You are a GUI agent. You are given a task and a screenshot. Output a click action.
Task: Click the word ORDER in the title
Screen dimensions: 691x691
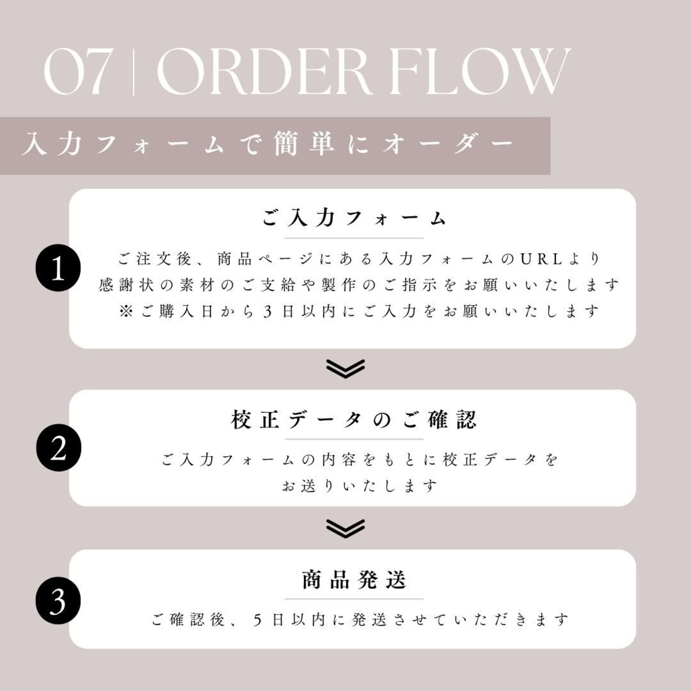(x=263, y=72)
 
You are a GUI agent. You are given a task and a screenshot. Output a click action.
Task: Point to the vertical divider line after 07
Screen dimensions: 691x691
(x=133, y=72)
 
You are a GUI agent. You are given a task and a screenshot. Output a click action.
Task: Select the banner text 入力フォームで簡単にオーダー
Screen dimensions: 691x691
(x=268, y=145)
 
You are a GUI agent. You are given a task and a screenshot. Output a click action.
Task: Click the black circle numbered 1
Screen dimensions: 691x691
(x=58, y=269)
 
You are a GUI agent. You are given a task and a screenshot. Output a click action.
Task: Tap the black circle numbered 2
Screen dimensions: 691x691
(x=58, y=449)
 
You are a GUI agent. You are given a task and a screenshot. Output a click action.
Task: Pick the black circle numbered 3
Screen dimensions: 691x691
(x=58, y=601)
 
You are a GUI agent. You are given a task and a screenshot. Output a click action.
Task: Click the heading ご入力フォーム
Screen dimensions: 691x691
(x=354, y=218)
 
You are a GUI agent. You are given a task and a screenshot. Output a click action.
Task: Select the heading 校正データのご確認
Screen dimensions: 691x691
(x=354, y=419)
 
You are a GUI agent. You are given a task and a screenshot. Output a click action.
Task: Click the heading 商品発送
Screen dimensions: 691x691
(x=354, y=580)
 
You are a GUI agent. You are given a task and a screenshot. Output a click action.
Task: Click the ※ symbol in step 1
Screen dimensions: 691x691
(x=126, y=311)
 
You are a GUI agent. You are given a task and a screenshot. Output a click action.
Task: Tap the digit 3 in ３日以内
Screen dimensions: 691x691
(x=268, y=311)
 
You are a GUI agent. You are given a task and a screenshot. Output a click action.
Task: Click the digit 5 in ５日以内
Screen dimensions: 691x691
(x=258, y=620)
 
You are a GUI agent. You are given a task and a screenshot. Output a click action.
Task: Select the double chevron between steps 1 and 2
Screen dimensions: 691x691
(x=345, y=368)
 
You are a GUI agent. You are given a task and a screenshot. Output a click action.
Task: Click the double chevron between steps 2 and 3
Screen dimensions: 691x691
(x=345, y=528)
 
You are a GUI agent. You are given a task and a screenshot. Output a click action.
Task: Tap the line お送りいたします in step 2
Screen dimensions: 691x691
(x=359, y=486)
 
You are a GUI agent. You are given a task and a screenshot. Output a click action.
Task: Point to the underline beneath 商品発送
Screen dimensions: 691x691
(x=354, y=599)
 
